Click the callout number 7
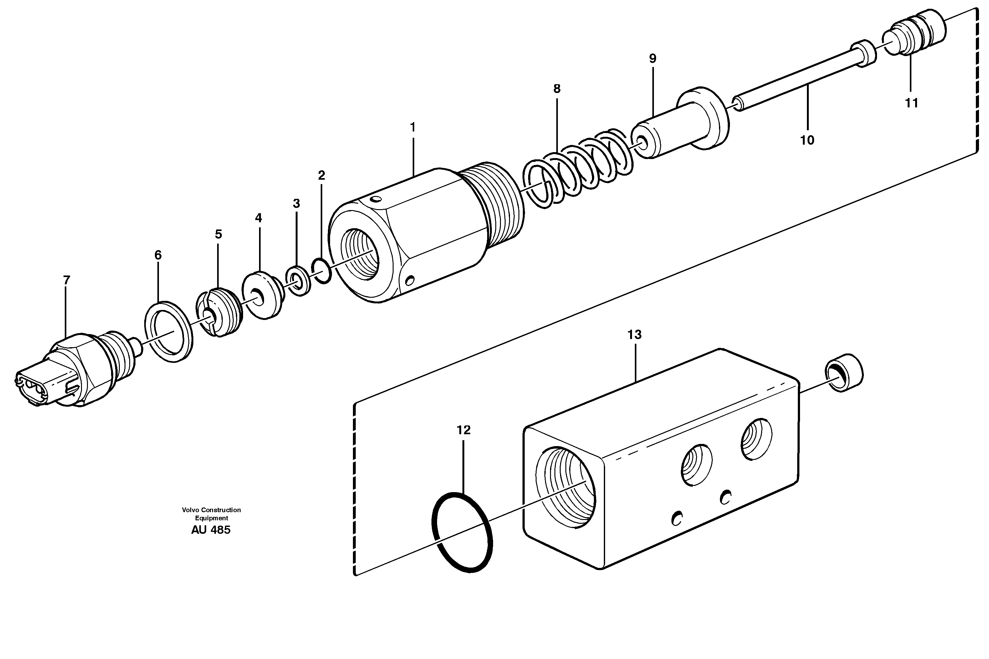66,280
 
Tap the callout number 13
635,335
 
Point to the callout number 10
807,140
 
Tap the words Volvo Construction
211,510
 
